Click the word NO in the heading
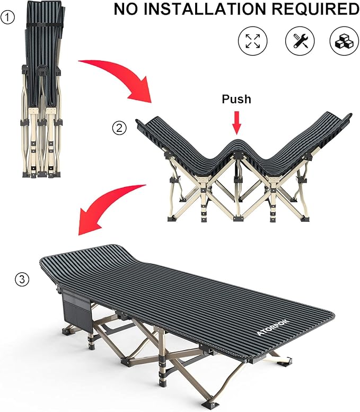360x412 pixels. coord(126,8)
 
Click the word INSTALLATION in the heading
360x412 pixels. coord(205,8)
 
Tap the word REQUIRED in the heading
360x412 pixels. coord(315,8)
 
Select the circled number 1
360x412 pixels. coord(7,17)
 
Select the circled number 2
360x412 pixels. coord(119,128)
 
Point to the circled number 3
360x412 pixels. coord(22,279)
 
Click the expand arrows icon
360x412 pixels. coord(252,41)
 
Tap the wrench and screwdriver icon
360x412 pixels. coord(300,41)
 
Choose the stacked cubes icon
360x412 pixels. coord(344,41)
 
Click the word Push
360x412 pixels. coord(236,100)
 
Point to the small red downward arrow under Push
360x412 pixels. coord(237,122)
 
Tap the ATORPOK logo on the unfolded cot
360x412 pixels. coord(273,327)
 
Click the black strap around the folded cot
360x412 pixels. coord(45,24)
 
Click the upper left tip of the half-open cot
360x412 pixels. coord(137,121)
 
